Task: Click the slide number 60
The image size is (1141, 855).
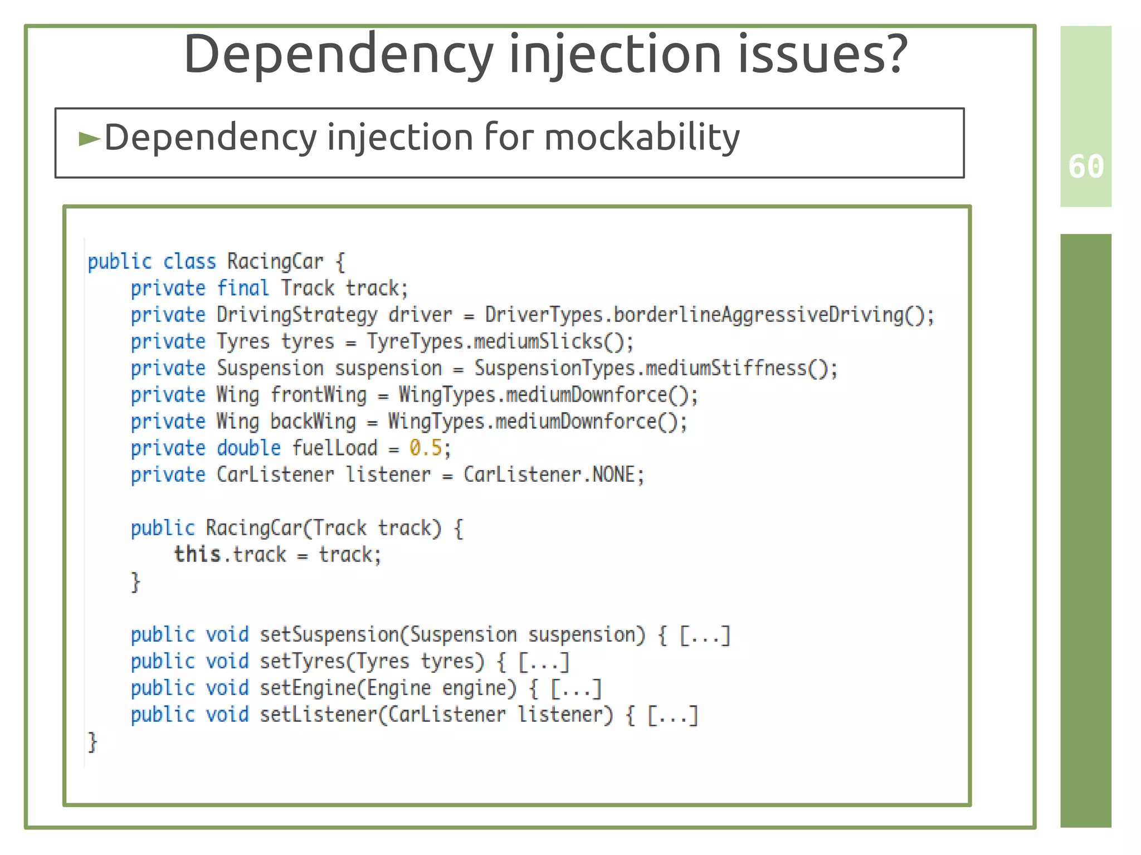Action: (x=1086, y=167)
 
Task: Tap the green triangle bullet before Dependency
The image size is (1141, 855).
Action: (x=89, y=138)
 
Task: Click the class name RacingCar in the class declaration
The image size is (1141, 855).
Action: (x=275, y=261)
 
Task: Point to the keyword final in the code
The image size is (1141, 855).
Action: (x=242, y=288)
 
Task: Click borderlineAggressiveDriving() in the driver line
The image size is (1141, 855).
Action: (x=773, y=315)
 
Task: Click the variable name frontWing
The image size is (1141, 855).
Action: (x=319, y=395)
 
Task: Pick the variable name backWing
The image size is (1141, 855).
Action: (x=313, y=422)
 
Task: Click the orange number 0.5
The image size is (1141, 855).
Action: (x=426, y=448)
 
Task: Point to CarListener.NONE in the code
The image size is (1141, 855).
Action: (x=553, y=475)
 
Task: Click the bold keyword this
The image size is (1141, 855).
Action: (x=197, y=554)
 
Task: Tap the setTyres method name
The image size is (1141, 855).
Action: (x=303, y=661)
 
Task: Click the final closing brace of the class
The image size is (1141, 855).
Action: (x=92, y=742)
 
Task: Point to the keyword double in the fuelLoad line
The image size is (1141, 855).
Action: (x=248, y=448)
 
